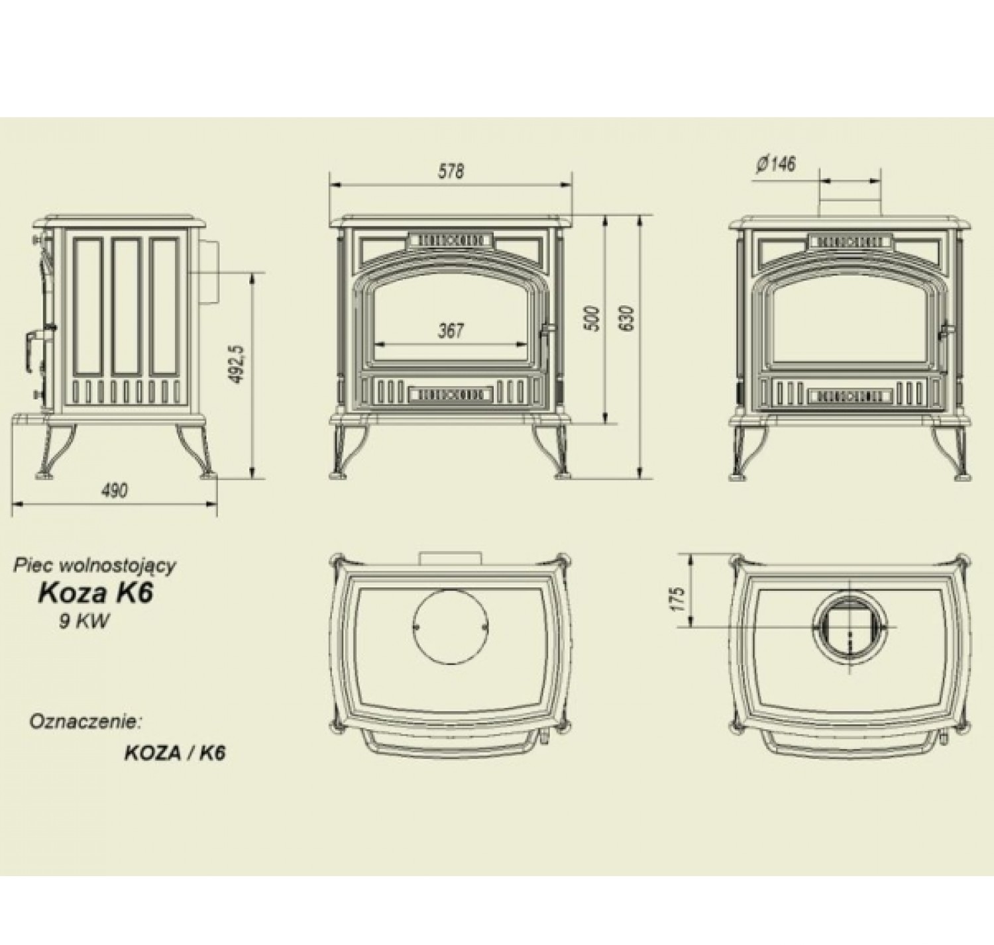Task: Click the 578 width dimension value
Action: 451,172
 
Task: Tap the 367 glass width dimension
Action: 451,331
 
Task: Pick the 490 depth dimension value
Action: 114,490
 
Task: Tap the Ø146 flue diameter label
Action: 776,165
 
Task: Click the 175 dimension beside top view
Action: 679,599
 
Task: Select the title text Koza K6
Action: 95,594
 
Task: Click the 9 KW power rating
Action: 84,622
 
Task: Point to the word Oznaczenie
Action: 84,722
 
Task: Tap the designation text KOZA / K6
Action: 174,754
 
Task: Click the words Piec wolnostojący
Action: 95,566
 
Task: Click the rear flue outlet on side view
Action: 206,273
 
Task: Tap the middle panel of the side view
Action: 127,307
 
